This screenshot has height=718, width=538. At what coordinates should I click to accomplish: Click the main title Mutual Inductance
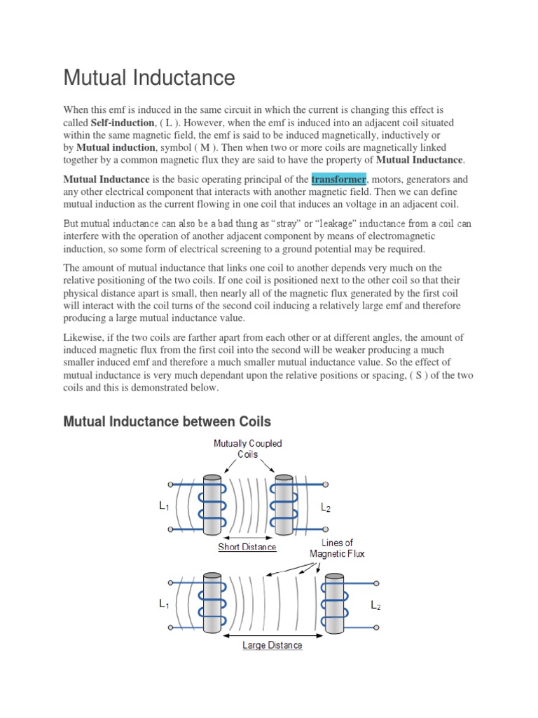[149, 77]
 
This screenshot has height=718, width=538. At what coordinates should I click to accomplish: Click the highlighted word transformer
[338, 179]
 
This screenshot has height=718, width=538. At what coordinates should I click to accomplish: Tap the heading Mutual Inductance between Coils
[167, 421]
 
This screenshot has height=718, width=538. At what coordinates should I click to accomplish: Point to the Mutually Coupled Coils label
[248, 449]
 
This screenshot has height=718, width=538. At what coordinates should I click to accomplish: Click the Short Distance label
[247, 547]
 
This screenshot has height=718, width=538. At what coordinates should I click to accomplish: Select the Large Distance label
[273, 645]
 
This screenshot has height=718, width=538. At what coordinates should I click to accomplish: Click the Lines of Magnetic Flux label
[338, 548]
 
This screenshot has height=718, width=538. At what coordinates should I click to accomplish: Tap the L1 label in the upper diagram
[164, 507]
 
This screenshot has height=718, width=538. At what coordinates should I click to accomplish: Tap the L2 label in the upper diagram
[326, 508]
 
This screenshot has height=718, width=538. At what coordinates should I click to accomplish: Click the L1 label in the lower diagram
[164, 604]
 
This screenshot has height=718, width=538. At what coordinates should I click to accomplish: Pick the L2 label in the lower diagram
[376, 604]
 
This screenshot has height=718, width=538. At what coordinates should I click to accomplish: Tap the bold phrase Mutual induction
[116, 147]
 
